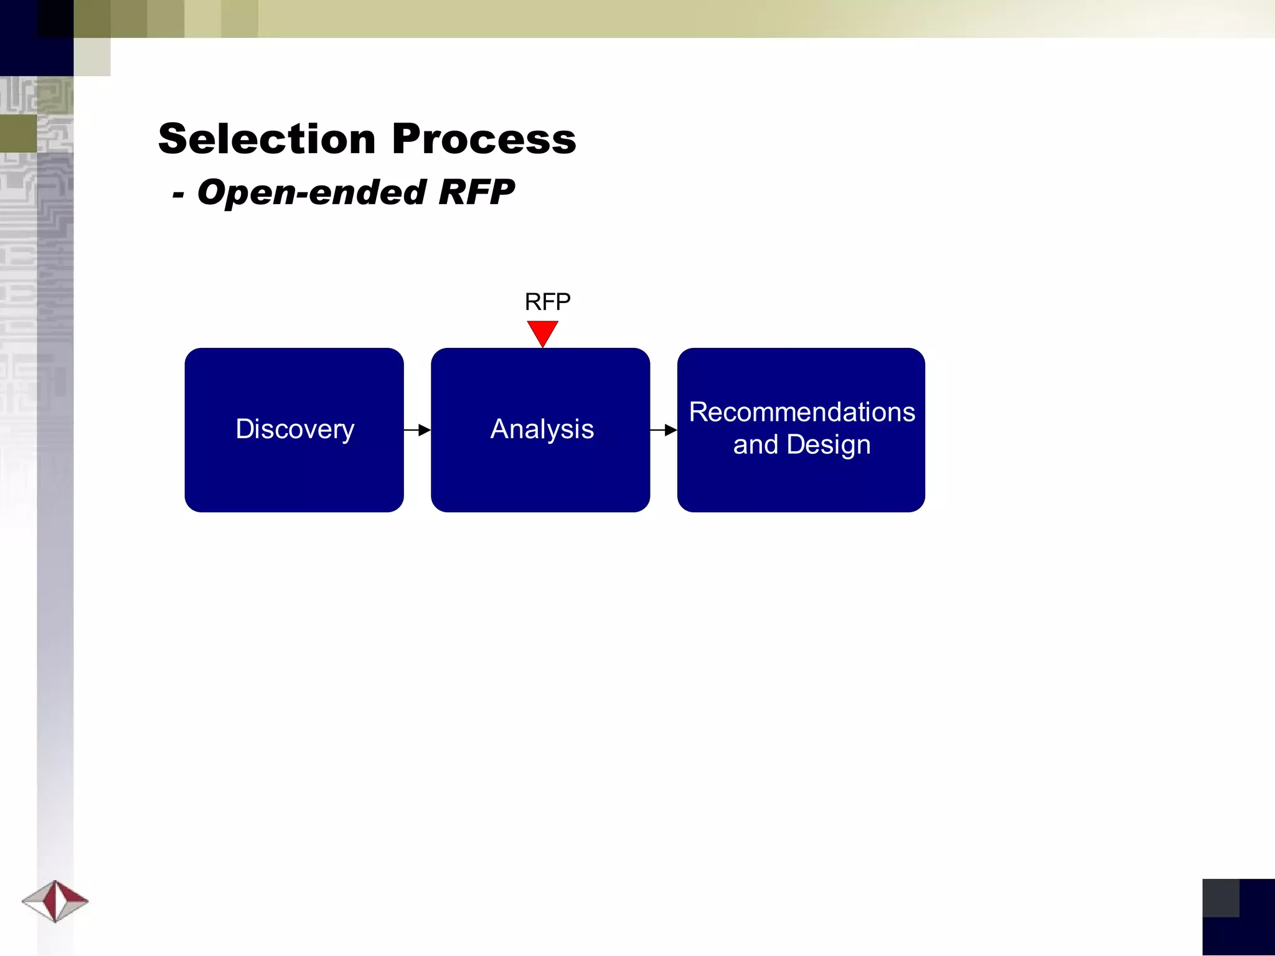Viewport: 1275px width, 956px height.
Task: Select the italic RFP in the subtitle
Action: pyautogui.click(x=476, y=192)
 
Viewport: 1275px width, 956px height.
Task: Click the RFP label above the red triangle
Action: pyautogui.click(x=547, y=302)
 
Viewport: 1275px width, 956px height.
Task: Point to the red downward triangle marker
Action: pyautogui.click(x=542, y=332)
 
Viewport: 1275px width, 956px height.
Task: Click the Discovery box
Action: pyautogui.click(x=294, y=473)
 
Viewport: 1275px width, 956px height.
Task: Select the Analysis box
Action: pyautogui.click(x=540, y=473)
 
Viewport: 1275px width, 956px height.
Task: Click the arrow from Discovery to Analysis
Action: pyautogui.click(x=417, y=430)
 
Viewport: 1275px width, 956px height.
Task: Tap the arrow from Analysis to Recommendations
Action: pyautogui.click(x=664, y=430)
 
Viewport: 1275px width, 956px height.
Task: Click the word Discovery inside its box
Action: pyautogui.click(x=295, y=429)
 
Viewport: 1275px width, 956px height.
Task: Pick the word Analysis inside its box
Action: pyautogui.click(x=542, y=429)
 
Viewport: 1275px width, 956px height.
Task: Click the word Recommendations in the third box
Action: pyautogui.click(x=802, y=412)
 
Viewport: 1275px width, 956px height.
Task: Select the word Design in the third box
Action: pyautogui.click(x=828, y=445)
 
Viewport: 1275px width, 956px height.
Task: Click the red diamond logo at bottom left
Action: pyautogui.click(x=55, y=901)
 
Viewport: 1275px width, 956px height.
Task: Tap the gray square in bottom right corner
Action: pyautogui.click(x=1220, y=897)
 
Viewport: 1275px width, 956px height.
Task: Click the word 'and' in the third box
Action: pyautogui.click(x=755, y=445)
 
